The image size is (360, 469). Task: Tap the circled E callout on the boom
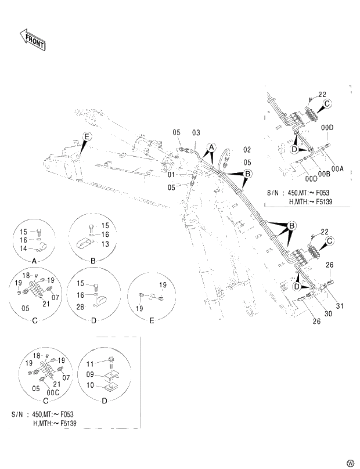tap(87, 137)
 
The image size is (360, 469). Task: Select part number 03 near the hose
tap(196, 134)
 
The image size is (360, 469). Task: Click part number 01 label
tap(172, 174)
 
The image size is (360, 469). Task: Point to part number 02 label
tap(247, 150)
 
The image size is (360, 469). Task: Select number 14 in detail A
tap(24, 248)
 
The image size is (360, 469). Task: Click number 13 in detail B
tap(106, 244)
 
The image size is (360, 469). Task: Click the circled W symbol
tap(350, 463)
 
